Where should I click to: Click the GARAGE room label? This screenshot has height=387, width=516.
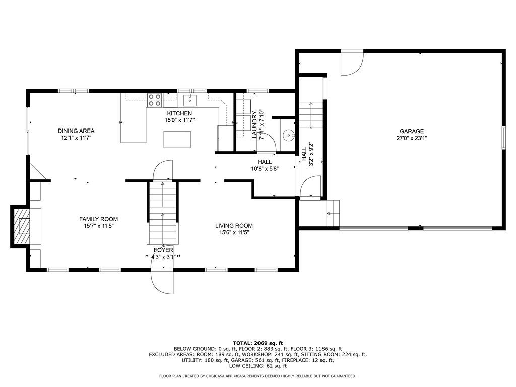(x=412, y=131)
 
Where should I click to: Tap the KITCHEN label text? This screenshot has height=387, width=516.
(x=179, y=113)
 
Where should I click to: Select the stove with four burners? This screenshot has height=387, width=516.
(x=154, y=100)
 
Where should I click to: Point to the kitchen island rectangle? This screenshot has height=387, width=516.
(x=177, y=140)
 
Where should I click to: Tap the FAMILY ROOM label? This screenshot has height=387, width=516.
(x=98, y=219)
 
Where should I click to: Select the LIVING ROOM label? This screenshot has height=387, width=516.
(x=234, y=226)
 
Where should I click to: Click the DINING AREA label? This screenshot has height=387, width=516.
(x=76, y=131)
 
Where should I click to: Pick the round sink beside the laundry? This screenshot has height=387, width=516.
(x=288, y=135)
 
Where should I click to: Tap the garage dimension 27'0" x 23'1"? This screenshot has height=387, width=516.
(x=412, y=138)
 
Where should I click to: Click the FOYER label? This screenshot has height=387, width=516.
(x=163, y=250)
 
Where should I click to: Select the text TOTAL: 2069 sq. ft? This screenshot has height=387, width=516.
(x=258, y=343)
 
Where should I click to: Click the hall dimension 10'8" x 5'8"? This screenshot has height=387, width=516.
(x=265, y=169)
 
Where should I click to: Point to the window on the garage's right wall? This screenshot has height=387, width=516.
(x=503, y=137)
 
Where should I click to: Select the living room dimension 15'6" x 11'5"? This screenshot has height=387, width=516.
(x=234, y=233)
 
